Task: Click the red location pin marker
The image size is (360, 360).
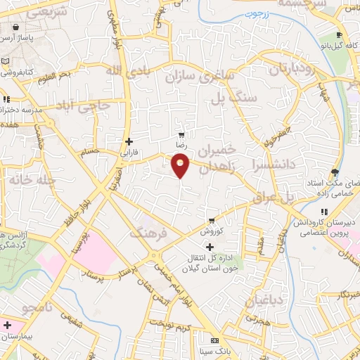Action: coord(181,165)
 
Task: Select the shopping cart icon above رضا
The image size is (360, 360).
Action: coord(182,134)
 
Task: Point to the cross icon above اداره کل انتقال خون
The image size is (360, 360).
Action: coord(210,246)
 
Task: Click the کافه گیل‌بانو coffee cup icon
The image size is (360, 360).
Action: coord(339,36)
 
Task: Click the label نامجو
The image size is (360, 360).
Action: coord(38,308)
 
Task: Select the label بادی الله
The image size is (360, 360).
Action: coord(128,70)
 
